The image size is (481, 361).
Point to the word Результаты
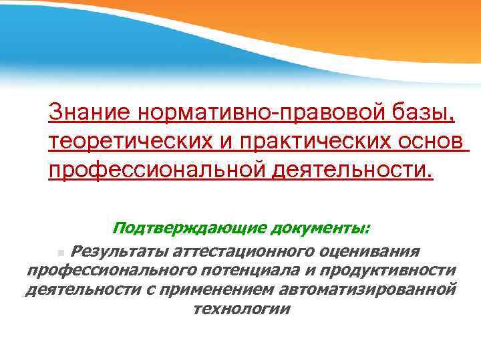(x=119, y=251)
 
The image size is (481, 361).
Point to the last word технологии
(x=241, y=309)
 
